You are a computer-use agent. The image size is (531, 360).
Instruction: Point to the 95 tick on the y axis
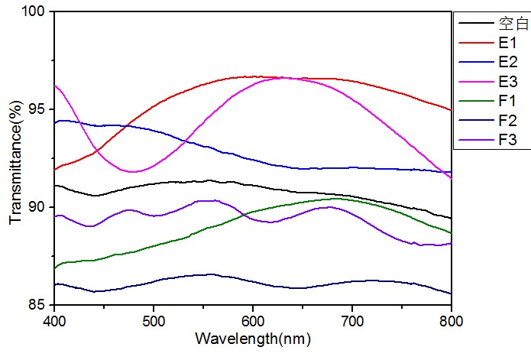point(37,109)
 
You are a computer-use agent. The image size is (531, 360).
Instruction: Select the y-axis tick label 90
point(37,207)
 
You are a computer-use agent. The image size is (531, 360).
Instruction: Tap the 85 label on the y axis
point(37,305)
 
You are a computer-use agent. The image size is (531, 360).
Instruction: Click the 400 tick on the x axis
point(54,319)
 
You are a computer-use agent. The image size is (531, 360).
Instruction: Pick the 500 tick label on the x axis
point(154,319)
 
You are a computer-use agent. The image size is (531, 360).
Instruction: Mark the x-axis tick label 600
point(253,319)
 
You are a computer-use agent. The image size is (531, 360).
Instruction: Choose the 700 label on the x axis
point(352,319)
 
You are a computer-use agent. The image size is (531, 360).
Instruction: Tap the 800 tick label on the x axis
point(451,319)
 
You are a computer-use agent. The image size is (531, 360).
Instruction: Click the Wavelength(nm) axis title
point(253,337)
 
